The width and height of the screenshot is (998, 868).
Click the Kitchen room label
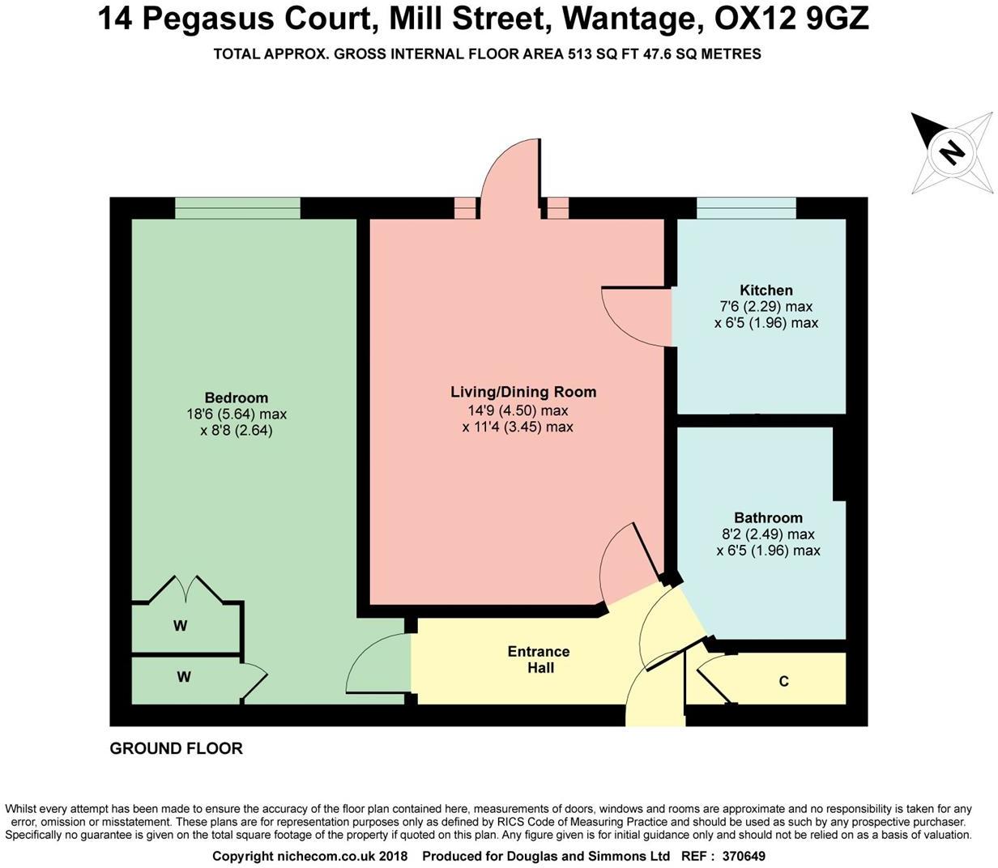pos(766,290)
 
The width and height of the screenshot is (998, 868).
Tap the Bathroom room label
pos(768,517)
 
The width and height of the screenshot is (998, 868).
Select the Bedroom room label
pos(236,398)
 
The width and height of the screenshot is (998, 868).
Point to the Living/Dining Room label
pos(523,392)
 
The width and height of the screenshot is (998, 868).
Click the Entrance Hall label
pos(539,659)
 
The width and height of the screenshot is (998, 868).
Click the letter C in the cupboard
pos(783,682)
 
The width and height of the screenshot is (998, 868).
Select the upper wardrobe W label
pos(180,626)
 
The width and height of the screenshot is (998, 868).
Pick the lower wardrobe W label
pos(184,677)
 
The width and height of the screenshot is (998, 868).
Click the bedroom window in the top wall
pos(237,209)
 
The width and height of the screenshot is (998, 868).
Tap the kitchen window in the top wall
pos(746,209)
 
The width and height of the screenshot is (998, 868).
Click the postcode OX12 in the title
pos(753,18)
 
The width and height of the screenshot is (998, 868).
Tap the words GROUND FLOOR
pos(177,748)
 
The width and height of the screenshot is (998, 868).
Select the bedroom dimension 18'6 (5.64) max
pos(236,415)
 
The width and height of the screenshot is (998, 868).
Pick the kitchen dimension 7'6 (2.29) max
pos(766,307)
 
